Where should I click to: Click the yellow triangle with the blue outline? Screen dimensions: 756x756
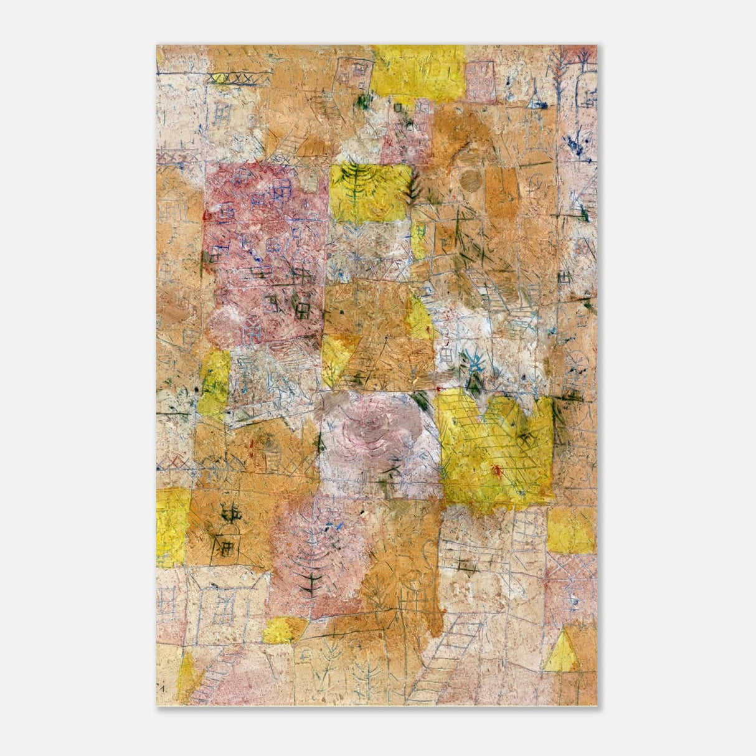561,652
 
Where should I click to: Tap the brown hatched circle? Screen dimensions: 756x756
470,180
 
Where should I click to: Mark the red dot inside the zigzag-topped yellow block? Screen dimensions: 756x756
497,469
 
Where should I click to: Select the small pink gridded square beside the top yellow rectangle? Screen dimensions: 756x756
481,82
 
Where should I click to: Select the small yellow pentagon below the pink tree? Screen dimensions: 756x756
283,630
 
